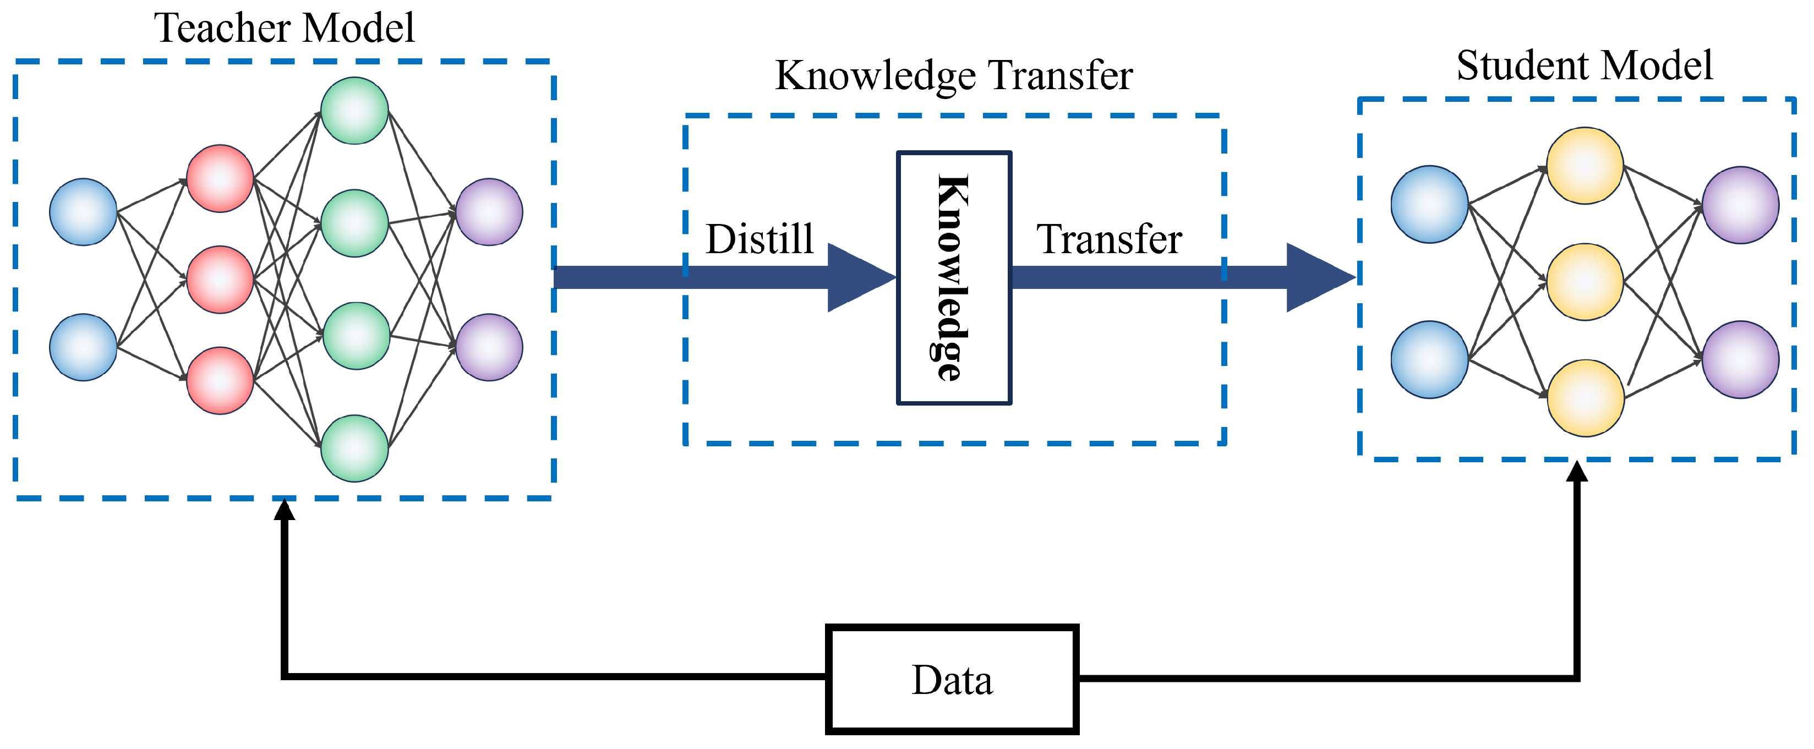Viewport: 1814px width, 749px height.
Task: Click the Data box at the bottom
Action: pos(952,679)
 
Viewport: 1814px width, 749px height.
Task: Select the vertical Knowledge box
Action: pos(953,278)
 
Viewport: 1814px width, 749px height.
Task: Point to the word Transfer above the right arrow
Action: pos(1108,239)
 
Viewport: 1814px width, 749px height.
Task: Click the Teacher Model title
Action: pos(284,28)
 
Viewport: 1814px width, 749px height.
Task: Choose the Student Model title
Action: pos(1584,65)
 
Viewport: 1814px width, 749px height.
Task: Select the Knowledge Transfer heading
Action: pos(953,75)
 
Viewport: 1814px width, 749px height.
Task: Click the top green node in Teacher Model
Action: pos(354,111)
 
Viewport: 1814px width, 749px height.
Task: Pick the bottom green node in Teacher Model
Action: pos(354,449)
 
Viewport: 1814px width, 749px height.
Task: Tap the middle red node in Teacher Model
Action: pos(220,280)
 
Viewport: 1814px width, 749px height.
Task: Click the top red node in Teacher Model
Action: pos(220,178)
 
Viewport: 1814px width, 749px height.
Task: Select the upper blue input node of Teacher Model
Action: pos(83,212)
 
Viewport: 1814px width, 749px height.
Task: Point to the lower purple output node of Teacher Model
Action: pos(489,347)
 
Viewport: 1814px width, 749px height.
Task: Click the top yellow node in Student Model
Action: pos(1584,166)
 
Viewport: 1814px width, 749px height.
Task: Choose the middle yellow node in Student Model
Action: pos(1584,282)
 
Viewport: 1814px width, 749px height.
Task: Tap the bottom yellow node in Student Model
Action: pos(1584,398)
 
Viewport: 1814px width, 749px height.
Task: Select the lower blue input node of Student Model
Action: pos(1429,360)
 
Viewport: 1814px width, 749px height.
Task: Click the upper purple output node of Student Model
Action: pos(1740,205)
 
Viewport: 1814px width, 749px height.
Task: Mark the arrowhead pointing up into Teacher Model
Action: pos(285,510)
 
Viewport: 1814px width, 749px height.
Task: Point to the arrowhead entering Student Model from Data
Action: pos(1577,472)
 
